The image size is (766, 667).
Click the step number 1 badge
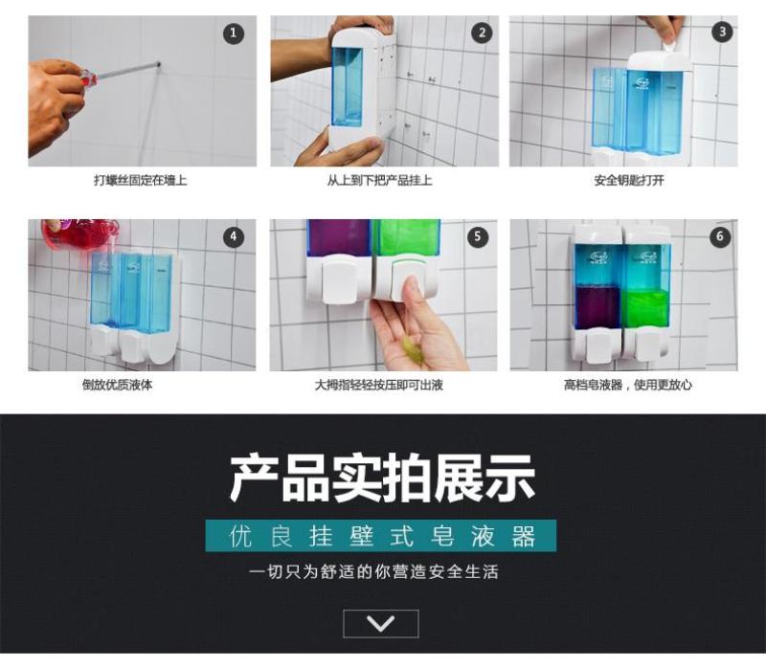[234, 33]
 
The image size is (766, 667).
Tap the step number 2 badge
[482, 33]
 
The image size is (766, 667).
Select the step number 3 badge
[722, 33]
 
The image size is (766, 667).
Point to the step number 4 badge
[234, 236]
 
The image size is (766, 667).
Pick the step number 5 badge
[477, 236]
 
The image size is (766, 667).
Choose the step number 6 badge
[720, 236]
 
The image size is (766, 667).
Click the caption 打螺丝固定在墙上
[141, 181]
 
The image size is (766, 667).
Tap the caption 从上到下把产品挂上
[379, 181]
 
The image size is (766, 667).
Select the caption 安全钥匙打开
[629, 181]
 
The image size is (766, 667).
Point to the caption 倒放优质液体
[117, 385]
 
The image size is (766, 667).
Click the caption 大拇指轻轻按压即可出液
[379, 385]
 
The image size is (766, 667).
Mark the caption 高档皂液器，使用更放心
[628, 385]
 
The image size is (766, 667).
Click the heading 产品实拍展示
[382, 478]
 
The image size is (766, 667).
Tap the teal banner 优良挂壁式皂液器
[380, 536]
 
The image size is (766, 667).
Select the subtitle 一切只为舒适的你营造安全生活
[373, 572]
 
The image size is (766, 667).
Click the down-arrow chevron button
[381, 624]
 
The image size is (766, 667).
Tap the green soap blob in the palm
[412, 347]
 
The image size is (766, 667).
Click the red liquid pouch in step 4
[79, 233]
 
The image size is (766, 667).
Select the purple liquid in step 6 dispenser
[597, 306]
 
